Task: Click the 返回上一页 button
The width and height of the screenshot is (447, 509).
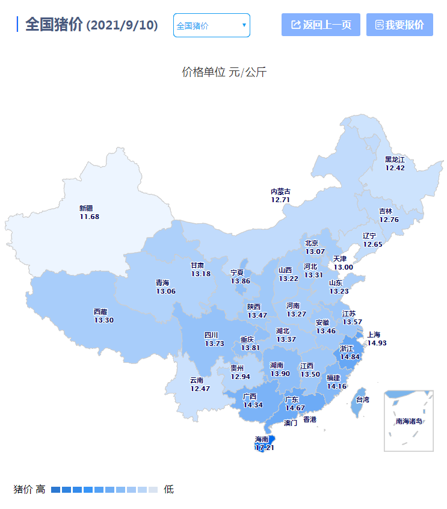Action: pyautogui.click(x=321, y=25)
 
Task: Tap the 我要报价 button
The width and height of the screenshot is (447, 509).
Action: pyautogui.click(x=399, y=25)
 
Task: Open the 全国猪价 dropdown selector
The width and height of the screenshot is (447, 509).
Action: pyautogui.click(x=211, y=25)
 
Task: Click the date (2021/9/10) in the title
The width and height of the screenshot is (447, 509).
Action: pyautogui.click(x=122, y=25)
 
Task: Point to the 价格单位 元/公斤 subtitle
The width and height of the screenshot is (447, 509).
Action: pyautogui.click(x=224, y=72)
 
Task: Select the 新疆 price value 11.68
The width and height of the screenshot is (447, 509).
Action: pyautogui.click(x=89, y=217)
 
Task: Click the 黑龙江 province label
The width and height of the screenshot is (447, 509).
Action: pyautogui.click(x=395, y=159)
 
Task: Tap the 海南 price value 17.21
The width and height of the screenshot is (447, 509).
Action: pyautogui.click(x=265, y=448)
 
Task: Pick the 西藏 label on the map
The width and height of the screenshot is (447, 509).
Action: pyautogui.click(x=100, y=312)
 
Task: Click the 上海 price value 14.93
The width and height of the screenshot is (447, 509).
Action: pyautogui.click(x=377, y=342)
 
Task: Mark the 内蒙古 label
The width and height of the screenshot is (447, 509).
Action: pyautogui.click(x=280, y=191)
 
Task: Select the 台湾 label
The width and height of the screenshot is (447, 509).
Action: pyautogui.click(x=362, y=399)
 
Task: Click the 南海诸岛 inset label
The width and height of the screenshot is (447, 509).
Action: pyautogui.click(x=409, y=421)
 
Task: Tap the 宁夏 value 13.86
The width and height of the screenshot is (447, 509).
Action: pyautogui.click(x=240, y=281)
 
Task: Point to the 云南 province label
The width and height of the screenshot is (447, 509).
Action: pyautogui.click(x=197, y=380)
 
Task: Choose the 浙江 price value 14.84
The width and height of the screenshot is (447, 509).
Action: pyautogui.click(x=350, y=356)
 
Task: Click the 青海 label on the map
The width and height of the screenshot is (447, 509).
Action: pyautogui.click(x=162, y=283)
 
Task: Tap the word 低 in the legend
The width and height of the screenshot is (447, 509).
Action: pyautogui.click(x=168, y=489)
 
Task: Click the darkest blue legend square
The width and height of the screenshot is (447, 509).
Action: pyautogui.click(x=55, y=489)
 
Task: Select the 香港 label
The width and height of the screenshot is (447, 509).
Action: pyautogui.click(x=309, y=419)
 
